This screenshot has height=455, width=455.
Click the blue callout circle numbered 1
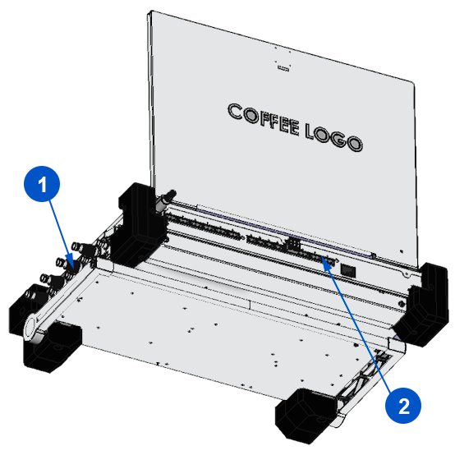coord(42,184)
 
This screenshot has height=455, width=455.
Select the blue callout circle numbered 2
coord(403,405)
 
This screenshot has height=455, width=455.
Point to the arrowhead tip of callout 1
coord(71,266)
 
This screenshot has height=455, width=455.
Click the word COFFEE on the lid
coord(264,120)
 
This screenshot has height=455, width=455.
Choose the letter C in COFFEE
coord(235,112)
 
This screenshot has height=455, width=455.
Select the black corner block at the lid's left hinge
coord(139,224)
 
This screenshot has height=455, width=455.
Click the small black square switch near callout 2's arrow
coord(348,270)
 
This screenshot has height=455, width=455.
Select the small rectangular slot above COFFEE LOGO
coord(283,68)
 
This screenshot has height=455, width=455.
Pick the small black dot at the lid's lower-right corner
coord(402,251)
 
